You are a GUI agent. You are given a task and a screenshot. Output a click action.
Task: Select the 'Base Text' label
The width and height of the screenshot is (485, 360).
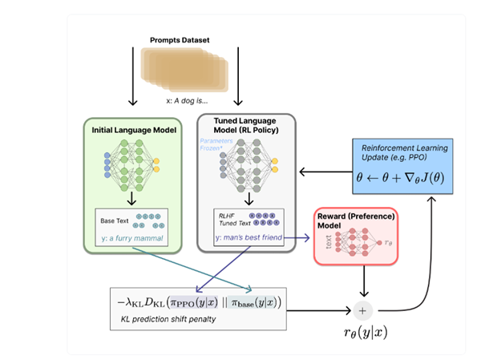click(114, 219)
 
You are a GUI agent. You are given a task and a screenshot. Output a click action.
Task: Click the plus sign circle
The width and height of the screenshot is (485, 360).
click(366, 309)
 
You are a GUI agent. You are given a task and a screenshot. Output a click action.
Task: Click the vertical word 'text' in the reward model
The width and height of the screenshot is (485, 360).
click(330, 244)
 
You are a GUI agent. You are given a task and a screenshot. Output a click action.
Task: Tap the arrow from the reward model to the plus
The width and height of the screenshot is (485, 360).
click(366, 282)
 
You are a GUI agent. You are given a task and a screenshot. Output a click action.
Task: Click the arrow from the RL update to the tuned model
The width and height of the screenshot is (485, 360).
click(325, 172)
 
